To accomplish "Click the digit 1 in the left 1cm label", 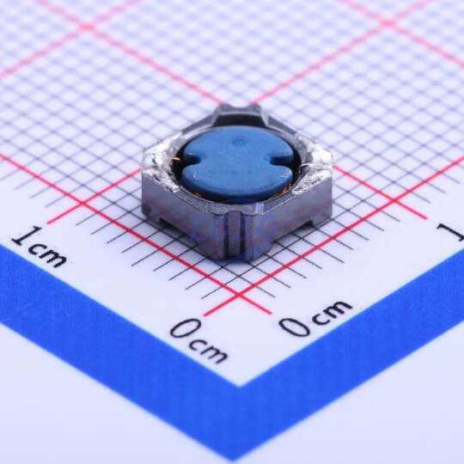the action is coord(26,235).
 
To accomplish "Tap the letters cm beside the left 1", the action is coord(48,255).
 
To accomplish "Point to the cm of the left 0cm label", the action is coord(211,351).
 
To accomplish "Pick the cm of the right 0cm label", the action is coord(332,312).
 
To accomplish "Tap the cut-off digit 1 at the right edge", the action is coord(453,231).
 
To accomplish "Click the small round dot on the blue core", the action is coord(237,143).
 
